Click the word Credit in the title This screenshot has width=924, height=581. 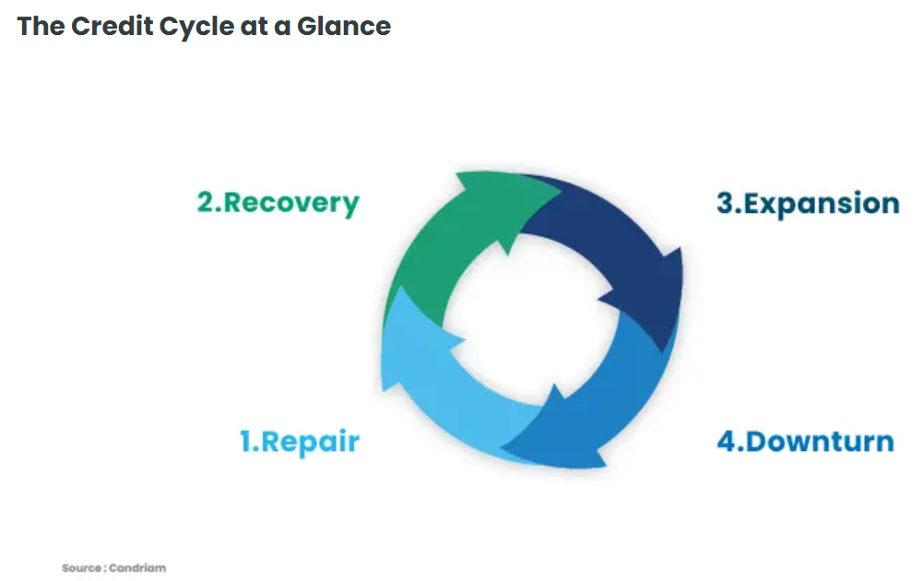pos(113,26)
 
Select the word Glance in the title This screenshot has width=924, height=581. pos(344,26)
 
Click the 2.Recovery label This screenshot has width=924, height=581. pos(278,203)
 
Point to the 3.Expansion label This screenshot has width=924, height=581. pos(808,204)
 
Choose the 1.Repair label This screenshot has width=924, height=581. pos(300,442)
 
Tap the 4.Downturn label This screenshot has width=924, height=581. pos(806,442)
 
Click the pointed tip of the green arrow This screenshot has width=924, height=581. pos(561,192)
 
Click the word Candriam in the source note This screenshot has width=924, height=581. pos(137,568)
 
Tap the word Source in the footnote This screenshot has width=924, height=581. pos(81,568)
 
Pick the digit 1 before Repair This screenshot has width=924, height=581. pos(245,442)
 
